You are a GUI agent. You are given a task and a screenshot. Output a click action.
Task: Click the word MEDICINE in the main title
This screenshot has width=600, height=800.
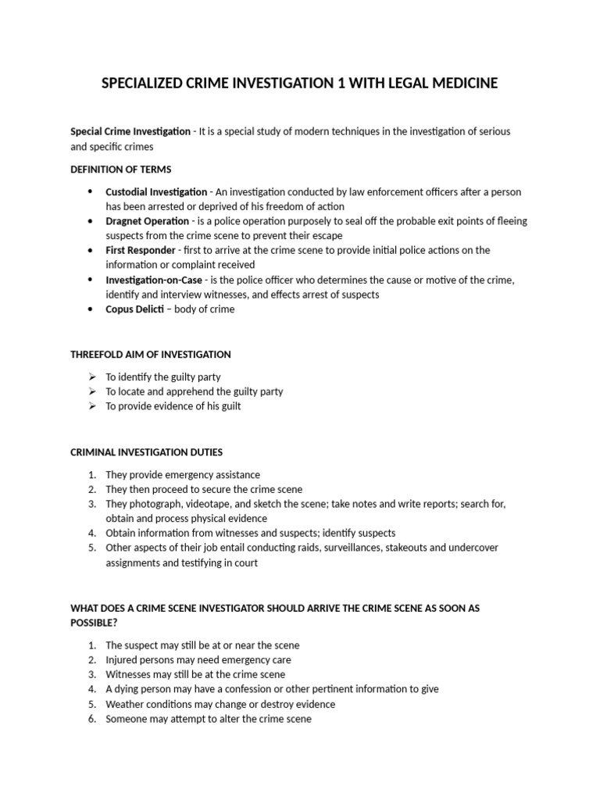tap(459, 83)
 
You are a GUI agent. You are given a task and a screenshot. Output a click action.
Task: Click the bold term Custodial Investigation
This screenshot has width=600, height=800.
tap(156, 191)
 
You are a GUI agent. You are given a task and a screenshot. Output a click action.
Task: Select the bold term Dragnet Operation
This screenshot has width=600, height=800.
tap(148, 221)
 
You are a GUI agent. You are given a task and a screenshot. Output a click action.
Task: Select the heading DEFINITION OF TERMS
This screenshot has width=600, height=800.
tap(121, 169)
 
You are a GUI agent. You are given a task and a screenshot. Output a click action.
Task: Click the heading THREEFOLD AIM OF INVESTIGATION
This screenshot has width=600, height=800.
tap(151, 354)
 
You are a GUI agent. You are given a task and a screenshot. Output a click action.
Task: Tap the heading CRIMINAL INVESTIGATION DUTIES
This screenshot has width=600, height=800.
tap(147, 452)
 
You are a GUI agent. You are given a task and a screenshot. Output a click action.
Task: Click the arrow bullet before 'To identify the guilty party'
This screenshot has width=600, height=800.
tap(91, 377)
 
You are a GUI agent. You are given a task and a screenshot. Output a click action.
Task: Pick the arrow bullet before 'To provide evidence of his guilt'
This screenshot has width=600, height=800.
tap(91, 406)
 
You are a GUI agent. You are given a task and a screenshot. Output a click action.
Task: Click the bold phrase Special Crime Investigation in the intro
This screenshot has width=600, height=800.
tap(130, 131)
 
